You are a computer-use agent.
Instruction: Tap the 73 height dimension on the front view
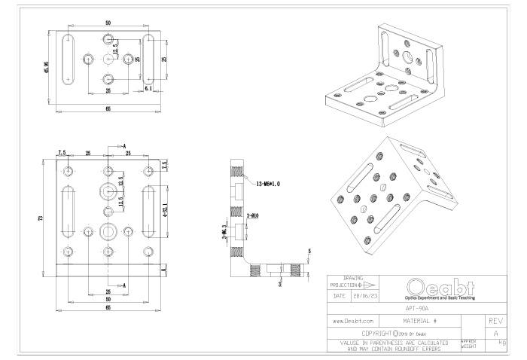(x=40, y=218)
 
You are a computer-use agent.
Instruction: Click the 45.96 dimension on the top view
(x=47, y=68)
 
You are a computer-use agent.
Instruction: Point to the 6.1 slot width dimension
(x=148, y=88)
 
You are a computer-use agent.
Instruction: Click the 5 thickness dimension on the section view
(x=309, y=252)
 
